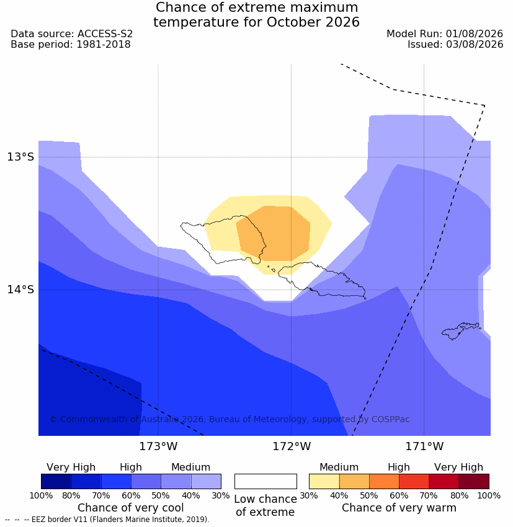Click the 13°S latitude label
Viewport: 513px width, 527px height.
(x=20, y=157)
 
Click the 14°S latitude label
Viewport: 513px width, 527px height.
(x=20, y=290)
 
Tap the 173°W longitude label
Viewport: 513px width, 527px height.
(x=158, y=446)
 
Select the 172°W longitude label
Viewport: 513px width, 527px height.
(x=292, y=446)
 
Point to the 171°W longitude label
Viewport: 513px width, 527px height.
(x=424, y=446)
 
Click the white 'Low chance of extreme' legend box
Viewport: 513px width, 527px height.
(x=265, y=481)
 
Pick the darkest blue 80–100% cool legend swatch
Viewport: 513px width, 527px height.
(x=56, y=481)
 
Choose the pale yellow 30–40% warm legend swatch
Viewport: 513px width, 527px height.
(x=324, y=481)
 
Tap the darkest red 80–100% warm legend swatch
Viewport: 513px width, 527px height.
(x=474, y=481)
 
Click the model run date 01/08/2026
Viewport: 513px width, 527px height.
(x=475, y=34)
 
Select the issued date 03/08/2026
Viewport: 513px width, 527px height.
(x=475, y=45)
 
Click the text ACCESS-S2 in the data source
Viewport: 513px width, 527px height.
(x=105, y=34)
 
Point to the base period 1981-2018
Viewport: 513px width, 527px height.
(x=104, y=45)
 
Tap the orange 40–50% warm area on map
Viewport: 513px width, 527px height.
(x=279, y=234)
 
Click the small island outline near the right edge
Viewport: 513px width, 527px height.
(x=460, y=330)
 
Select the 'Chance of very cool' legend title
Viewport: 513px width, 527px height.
(x=131, y=508)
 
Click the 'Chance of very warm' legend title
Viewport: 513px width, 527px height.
(x=399, y=508)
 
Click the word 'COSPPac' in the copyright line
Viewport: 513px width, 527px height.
(x=390, y=419)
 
